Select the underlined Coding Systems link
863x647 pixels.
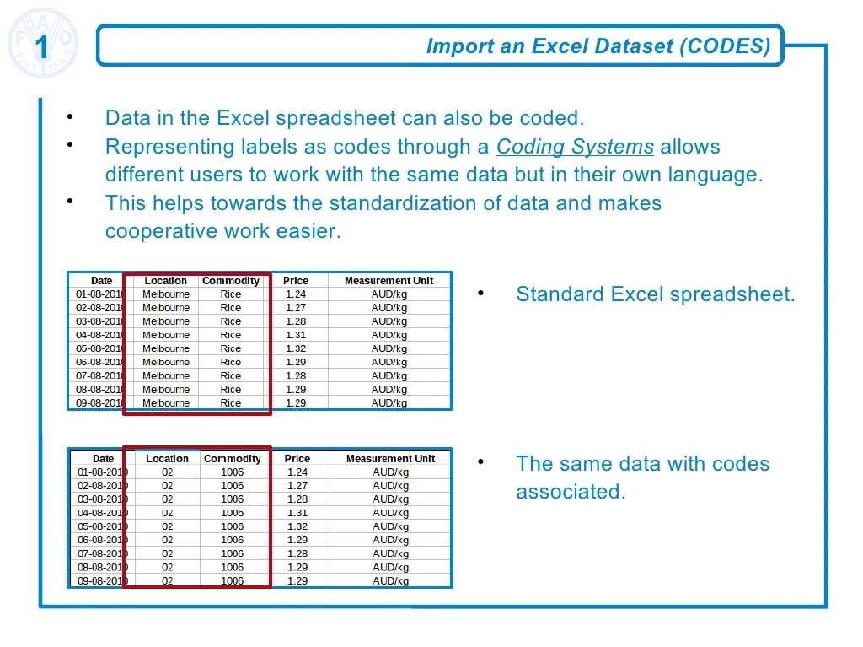575,147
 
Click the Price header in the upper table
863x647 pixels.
296,281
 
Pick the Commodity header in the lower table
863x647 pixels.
233,459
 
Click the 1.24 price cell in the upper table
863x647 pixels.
296,294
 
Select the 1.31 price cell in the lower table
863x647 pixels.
297,513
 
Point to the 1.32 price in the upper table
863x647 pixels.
296,348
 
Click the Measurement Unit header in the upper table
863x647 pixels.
389,281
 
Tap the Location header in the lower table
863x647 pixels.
167,459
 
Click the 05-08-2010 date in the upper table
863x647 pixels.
100,348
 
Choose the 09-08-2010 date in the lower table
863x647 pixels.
102,581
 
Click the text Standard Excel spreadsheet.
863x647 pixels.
655,294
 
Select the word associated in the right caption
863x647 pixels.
571,493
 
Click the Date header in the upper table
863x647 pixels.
101,281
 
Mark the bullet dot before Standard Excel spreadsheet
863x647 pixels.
480,293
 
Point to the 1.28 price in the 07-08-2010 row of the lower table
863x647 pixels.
297,554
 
